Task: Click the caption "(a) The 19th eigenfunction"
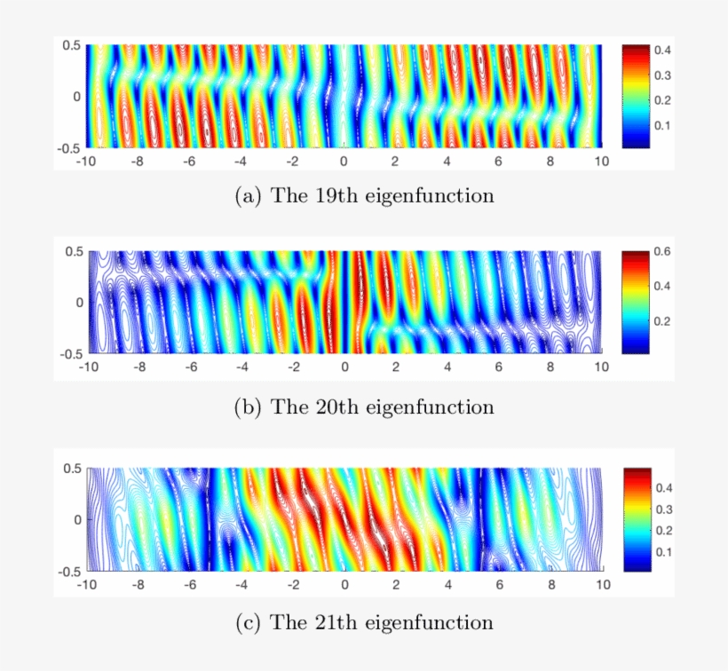click(364, 196)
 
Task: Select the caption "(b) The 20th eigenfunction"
click(364, 407)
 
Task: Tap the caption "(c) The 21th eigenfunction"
click(364, 622)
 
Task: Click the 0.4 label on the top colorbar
click(662, 51)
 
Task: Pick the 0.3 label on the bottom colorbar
click(662, 509)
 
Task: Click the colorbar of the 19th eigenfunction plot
click(637, 95)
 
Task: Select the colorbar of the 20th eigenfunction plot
click(637, 302)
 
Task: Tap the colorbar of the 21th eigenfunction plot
click(637, 518)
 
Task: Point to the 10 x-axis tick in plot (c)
click(602, 586)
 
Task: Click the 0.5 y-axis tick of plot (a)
click(70, 44)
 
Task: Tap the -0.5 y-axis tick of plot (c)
click(68, 572)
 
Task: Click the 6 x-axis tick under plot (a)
click(498, 162)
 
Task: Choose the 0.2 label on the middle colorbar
click(662, 320)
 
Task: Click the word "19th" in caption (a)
click(313, 196)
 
